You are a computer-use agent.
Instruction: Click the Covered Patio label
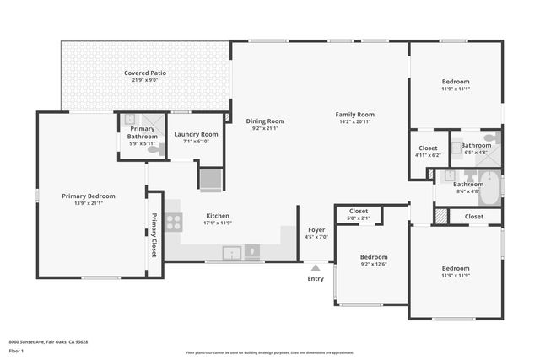145,73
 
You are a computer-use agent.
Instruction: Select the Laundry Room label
196,134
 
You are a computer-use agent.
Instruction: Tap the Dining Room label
265,121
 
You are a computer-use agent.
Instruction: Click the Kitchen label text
218,216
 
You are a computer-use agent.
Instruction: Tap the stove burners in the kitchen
173,222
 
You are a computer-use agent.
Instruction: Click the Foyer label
316,229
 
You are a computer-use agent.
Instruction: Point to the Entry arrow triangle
316,267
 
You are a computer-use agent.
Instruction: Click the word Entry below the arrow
316,278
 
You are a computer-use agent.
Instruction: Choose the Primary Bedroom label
89,196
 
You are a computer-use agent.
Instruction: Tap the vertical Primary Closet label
154,235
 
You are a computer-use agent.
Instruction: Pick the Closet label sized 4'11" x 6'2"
428,148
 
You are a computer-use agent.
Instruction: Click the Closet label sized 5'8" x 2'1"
359,211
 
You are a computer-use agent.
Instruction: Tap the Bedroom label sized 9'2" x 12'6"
374,256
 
